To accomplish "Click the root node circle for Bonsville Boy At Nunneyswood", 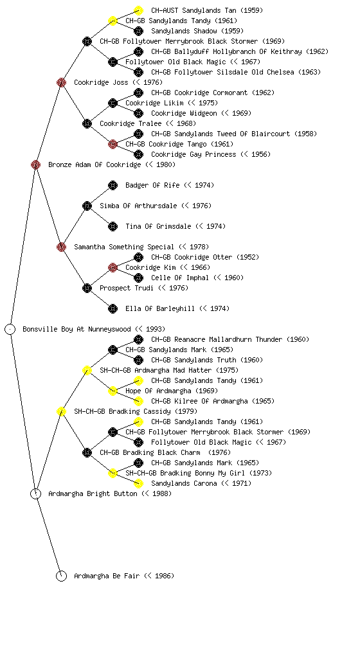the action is click(x=10, y=330).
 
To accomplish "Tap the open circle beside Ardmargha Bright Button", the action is click(x=35, y=494).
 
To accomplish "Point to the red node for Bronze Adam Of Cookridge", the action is click(x=35, y=165).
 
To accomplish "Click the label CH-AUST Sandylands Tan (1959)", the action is click(x=207, y=10).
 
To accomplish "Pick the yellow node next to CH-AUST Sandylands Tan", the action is click(x=138, y=10).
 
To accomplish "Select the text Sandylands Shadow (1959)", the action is click(x=197, y=31).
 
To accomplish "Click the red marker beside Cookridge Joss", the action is click(x=61, y=83).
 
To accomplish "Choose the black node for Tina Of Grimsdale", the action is click(x=113, y=227).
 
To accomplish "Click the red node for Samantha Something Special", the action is click(x=61, y=247).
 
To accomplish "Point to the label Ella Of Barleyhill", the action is click(x=160, y=309).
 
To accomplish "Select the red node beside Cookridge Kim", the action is click(x=113, y=268).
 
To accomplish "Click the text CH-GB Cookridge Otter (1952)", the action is click(x=205, y=257).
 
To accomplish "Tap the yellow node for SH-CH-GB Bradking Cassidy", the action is click(x=61, y=412).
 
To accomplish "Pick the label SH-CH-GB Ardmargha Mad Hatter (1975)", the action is click(x=169, y=370).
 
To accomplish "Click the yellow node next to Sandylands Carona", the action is click(x=138, y=483).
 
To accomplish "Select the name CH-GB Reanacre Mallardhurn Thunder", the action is click(x=217, y=339).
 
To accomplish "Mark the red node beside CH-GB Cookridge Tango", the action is click(x=113, y=145).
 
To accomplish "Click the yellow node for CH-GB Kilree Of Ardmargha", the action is click(x=138, y=401).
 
